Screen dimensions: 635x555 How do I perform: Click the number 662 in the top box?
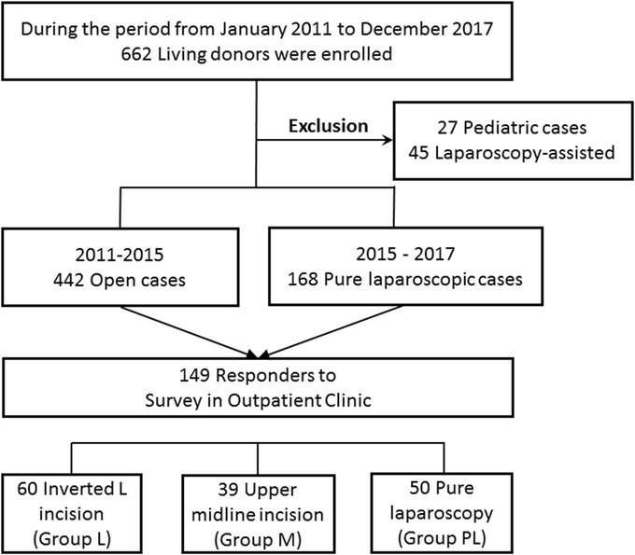pyautogui.click(x=136, y=54)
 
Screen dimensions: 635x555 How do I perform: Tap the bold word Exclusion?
pyautogui.click(x=329, y=126)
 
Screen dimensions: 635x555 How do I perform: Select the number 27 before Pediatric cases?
pyautogui.click(x=447, y=128)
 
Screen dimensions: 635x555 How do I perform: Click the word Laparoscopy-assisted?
pyautogui.click(x=525, y=153)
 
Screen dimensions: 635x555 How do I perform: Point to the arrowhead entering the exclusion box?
pyautogui.click(x=388, y=140)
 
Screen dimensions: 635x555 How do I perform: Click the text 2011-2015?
pyautogui.click(x=120, y=255)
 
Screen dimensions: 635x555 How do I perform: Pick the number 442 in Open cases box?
pyautogui.click(x=68, y=281)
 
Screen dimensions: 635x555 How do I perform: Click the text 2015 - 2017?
pyautogui.click(x=405, y=254)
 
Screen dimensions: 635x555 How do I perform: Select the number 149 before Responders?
pyautogui.click(x=194, y=375)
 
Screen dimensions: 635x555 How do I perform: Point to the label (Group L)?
pyautogui.click(x=72, y=539)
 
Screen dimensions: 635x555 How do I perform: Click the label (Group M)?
pyautogui.click(x=258, y=540)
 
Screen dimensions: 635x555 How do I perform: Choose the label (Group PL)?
pyautogui.click(x=442, y=538)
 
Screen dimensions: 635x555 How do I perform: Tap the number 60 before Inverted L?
pyautogui.click(x=27, y=489)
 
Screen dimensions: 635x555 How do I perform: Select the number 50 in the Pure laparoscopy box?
pyautogui.click(x=419, y=488)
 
